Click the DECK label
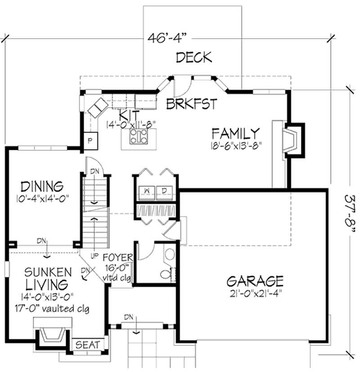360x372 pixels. pyautogui.click(x=193, y=58)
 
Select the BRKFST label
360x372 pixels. pyautogui.click(x=192, y=104)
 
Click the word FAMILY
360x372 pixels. pyautogui.click(x=236, y=134)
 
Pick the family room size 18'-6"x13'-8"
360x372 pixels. pyautogui.click(x=235, y=145)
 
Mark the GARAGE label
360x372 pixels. pyautogui.click(x=255, y=282)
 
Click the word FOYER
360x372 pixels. pyautogui.click(x=118, y=258)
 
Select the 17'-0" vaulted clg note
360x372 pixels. pyautogui.click(x=48, y=309)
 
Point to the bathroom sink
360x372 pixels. pyautogui.click(x=170, y=254)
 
